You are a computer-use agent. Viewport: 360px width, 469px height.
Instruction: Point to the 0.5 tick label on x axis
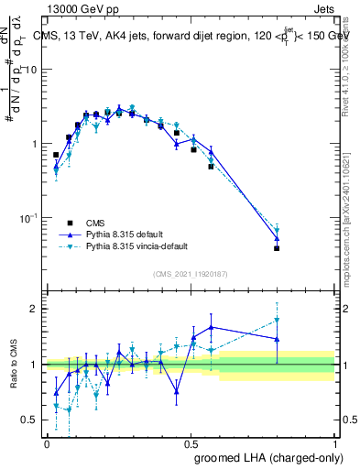coord(191,443)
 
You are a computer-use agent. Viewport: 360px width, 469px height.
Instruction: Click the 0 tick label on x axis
coord(47,443)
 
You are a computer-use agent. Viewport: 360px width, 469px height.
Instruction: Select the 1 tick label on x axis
coord(335,443)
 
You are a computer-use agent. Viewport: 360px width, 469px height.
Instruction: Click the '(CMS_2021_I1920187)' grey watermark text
coord(190,273)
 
